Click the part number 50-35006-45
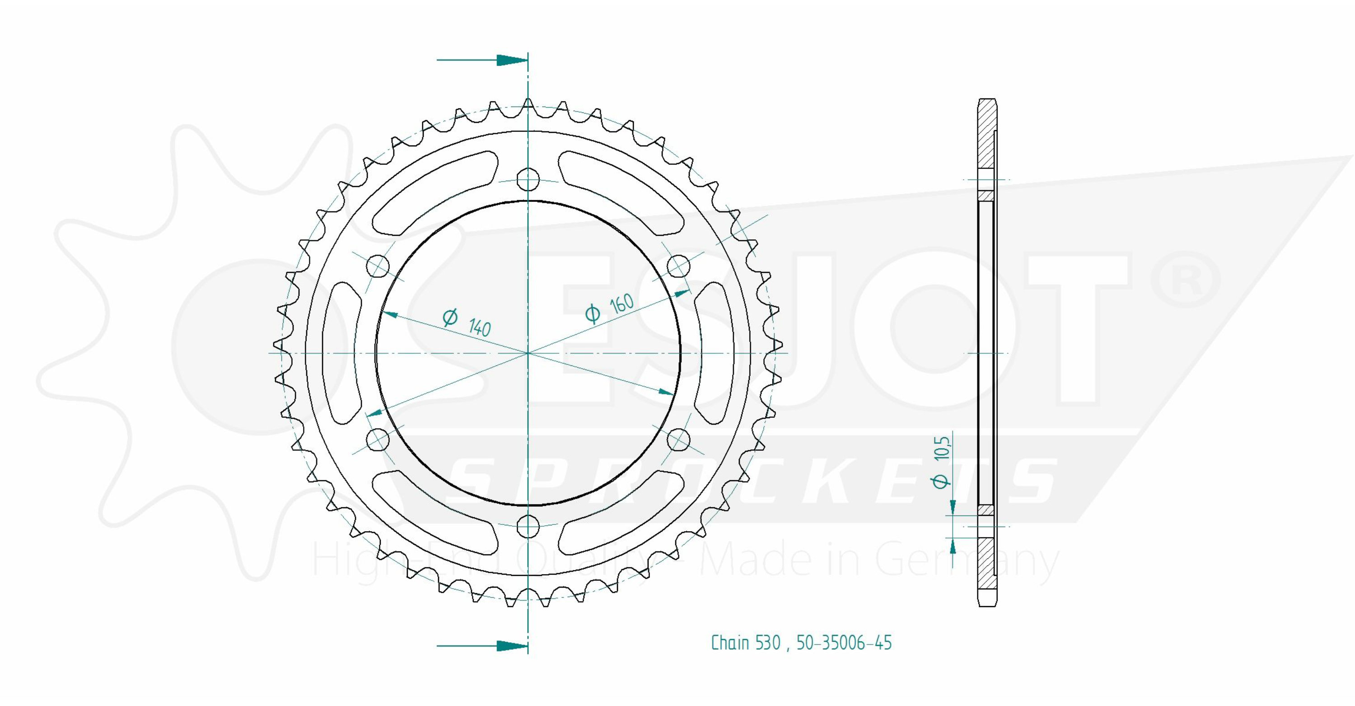[x=844, y=643]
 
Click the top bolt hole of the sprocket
[x=528, y=179]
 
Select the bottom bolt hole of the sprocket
[x=528, y=526]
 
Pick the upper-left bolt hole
[x=378, y=266]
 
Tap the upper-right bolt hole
[x=678, y=266]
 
